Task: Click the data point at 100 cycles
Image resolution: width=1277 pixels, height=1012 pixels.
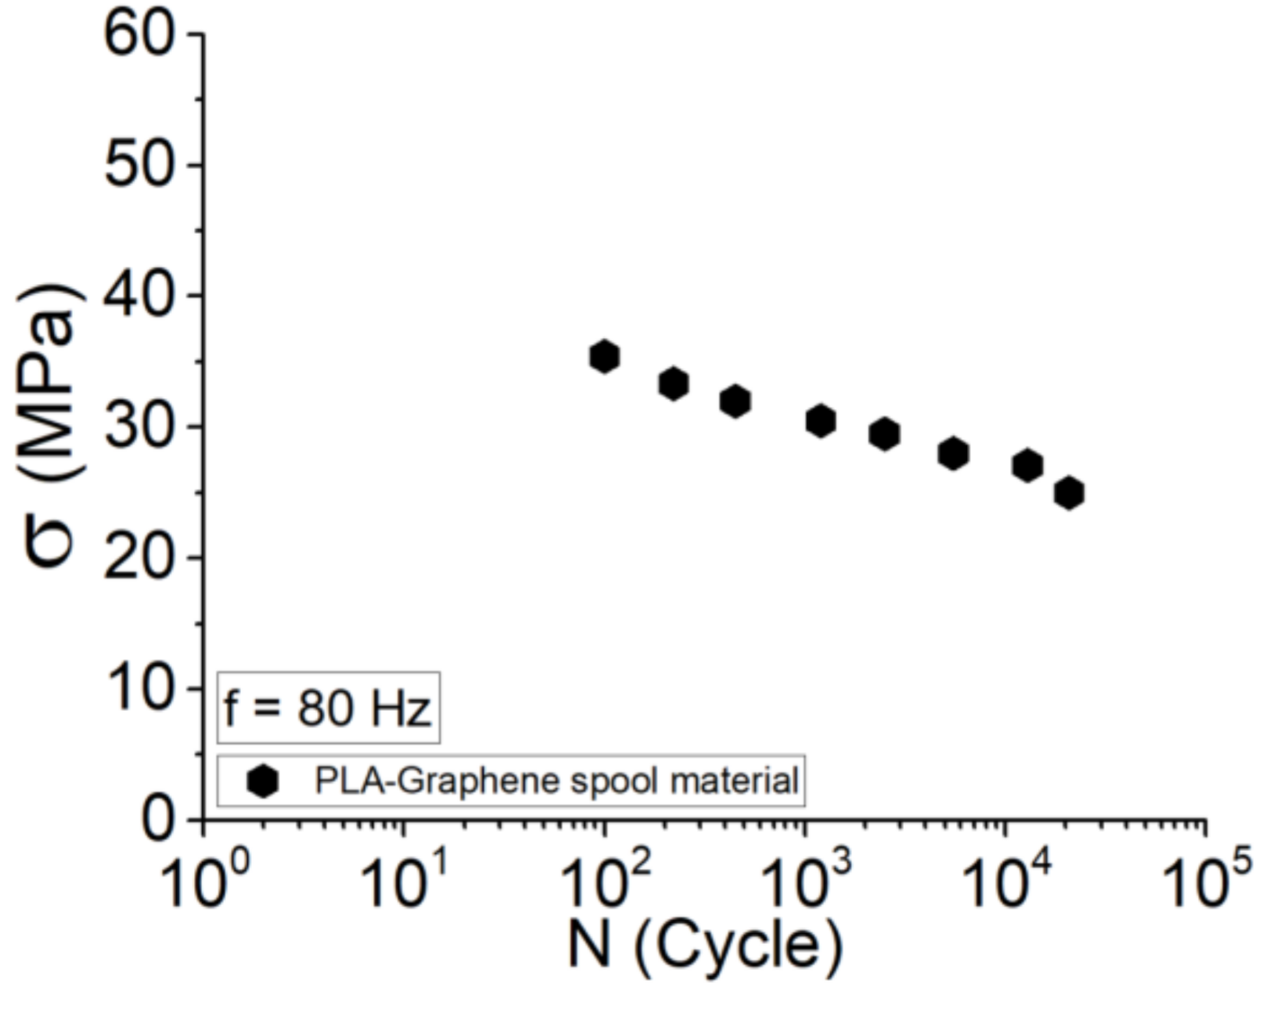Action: click(605, 357)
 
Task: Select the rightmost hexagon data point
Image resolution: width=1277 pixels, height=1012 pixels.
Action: click(1069, 493)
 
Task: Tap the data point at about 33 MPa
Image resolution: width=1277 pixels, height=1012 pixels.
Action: click(673, 384)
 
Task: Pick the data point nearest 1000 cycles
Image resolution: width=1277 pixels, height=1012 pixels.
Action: click(820, 420)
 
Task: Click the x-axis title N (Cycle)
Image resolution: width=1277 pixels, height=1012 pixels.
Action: click(705, 946)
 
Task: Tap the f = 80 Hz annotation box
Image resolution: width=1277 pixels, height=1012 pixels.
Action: click(328, 708)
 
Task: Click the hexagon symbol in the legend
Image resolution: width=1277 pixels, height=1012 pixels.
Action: click(262, 781)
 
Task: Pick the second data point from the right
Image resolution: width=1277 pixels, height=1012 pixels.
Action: click(1027, 466)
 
